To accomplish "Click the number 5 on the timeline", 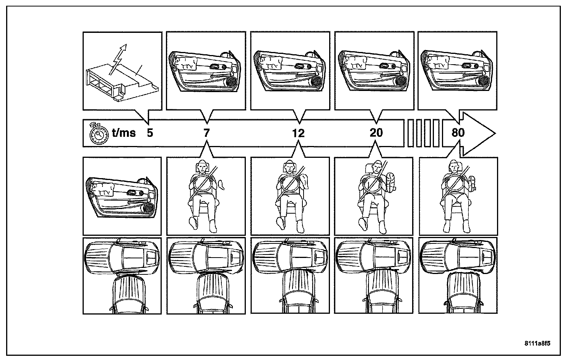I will pos(150,133).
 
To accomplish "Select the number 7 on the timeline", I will pos(207,133).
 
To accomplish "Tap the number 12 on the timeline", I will pos(298,133).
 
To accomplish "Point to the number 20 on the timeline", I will pos(376,133).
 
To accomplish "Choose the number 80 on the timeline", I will pos(458,133).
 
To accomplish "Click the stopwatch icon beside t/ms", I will pos(97,133).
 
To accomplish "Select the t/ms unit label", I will pos(123,133).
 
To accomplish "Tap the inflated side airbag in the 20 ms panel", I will pos(390,182).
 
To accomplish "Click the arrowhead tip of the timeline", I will pos(495,133).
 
